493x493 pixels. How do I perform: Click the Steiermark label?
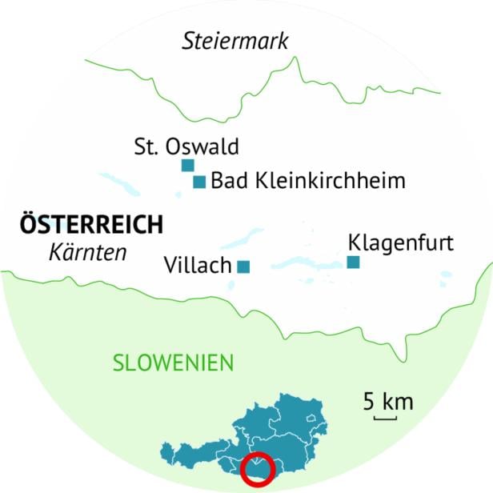[234, 41]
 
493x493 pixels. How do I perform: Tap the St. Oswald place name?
[186, 146]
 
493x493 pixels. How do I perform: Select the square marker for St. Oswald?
[187, 166]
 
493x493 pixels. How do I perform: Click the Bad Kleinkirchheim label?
[308, 181]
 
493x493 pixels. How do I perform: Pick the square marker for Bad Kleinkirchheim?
[199, 182]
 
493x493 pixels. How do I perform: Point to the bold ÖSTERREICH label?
[90, 224]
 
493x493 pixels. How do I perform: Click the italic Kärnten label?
[88, 252]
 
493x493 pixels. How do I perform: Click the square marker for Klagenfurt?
[353, 262]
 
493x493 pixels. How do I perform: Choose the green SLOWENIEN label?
[173, 363]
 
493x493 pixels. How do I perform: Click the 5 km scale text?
[387, 401]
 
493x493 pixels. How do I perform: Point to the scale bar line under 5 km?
[385, 417]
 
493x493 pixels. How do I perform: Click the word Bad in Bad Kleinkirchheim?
[226, 181]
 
